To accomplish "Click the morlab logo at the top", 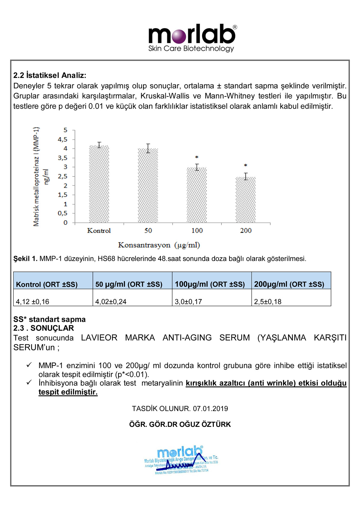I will coord(192,38).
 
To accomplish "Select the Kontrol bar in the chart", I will coord(99,184).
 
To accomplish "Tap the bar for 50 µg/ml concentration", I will coord(148,186).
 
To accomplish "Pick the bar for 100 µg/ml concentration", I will coord(197,195).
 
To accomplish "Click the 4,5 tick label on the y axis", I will coord(63,139).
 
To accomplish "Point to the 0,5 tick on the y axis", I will coord(63,213).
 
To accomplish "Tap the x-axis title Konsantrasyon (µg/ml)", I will coord(159,245).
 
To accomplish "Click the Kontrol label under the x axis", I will coord(99,231).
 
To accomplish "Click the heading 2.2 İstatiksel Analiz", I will coord(50,75).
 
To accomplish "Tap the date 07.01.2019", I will coord(210,409).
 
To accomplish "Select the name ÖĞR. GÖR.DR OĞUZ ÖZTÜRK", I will coord(180,424).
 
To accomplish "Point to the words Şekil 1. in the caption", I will coord(25,259).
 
